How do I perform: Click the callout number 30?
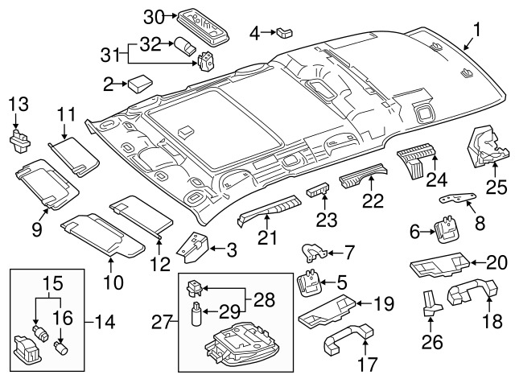153,16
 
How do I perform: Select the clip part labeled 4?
284,32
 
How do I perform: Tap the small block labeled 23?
319,193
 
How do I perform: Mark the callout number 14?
104,323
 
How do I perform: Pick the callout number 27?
163,323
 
